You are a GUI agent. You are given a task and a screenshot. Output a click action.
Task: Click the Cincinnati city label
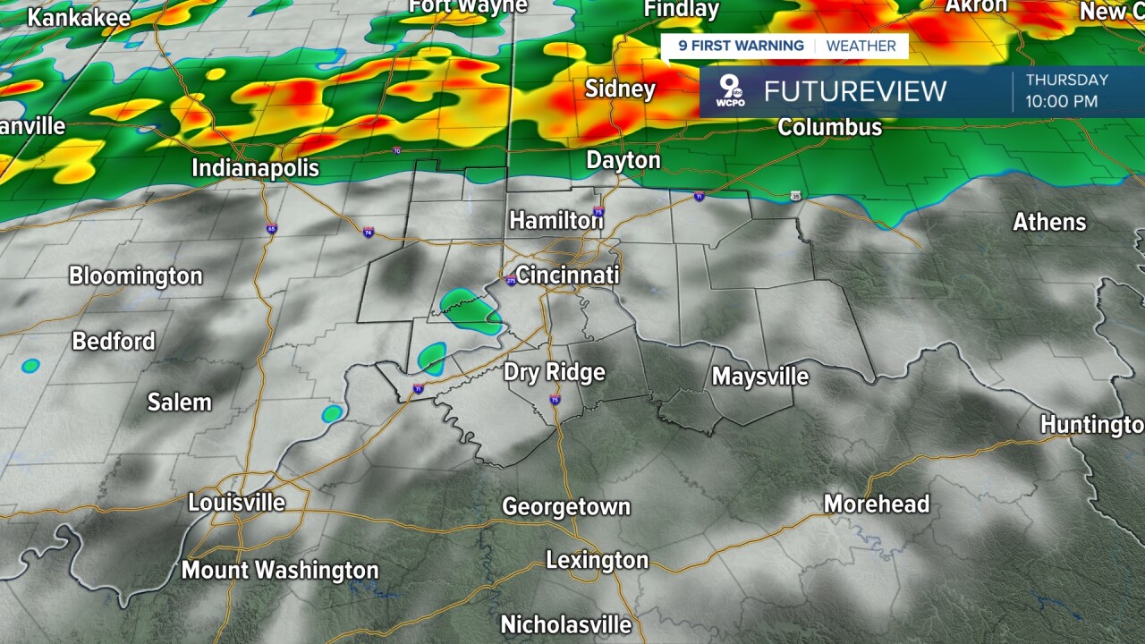click(567, 274)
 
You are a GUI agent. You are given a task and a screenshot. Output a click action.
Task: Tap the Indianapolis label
click(255, 168)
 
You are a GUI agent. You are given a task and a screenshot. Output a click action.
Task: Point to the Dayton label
click(623, 161)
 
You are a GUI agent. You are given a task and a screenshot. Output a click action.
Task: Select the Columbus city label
click(829, 127)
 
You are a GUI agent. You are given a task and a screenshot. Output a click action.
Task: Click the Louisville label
click(236, 503)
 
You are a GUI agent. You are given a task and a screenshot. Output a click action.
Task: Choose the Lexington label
click(597, 561)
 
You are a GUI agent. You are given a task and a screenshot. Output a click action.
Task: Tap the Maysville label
click(759, 377)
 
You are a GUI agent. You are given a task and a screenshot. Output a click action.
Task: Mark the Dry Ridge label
click(554, 372)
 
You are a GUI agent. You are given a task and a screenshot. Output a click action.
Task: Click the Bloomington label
click(136, 275)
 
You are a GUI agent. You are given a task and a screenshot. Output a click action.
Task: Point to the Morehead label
click(876, 504)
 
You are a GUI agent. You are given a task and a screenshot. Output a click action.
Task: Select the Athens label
click(1048, 222)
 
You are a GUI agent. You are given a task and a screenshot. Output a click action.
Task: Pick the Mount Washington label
click(280, 570)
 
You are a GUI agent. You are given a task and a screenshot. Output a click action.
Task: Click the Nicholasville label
click(565, 623)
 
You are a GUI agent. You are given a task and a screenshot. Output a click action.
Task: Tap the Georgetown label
click(566, 507)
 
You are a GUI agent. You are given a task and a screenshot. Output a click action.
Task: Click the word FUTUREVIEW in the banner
click(854, 91)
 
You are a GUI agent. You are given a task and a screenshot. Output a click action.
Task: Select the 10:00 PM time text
click(1061, 101)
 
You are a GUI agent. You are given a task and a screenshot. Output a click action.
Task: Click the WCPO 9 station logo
click(732, 91)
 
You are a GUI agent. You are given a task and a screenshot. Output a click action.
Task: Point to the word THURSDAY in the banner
click(1066, 80)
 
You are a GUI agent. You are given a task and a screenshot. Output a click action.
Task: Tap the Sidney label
click(620, 89)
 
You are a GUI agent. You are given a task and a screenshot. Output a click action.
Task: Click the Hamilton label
click(556, 220)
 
